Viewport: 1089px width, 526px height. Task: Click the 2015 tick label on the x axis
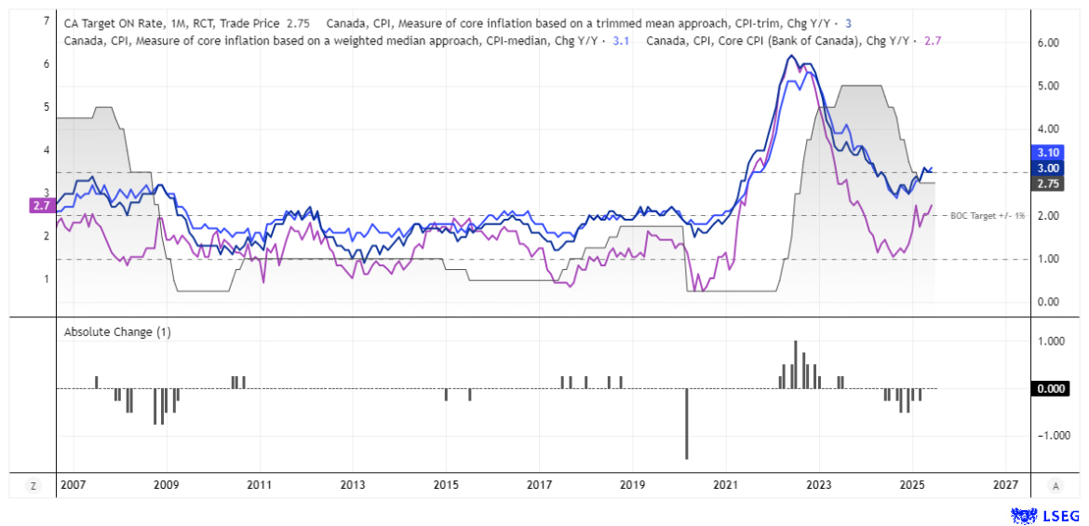click(x=446, y=485)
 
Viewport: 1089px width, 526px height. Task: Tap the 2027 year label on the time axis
click(x=1004, y=485)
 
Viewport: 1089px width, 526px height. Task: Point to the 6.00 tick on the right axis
click(x=1049, y=43)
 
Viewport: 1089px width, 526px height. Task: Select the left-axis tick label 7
click(x=47, y=20)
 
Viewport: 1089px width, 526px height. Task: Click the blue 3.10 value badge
click(x=1049, y=152)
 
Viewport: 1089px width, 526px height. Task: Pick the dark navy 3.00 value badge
click(x=1049, y=168)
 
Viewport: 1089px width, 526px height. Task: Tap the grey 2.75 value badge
click(x=1049, y=184)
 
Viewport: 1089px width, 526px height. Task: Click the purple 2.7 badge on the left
click(x=40, y=205)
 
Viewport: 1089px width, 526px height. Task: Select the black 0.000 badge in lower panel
click(x=1049, y=389)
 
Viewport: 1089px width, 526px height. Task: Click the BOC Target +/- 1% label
click(x=988, y=216)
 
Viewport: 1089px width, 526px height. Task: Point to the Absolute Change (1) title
click(x=117, y=331)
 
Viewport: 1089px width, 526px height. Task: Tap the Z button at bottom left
click(x=34, y=485)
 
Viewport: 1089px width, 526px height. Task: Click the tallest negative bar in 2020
click(x=687, y=424)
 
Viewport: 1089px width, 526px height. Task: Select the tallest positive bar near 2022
click(x=796, y=364)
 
